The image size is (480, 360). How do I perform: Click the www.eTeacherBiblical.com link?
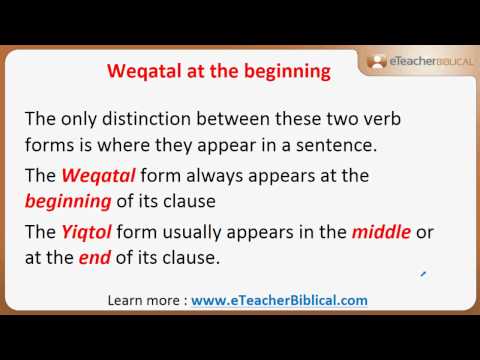pyautogui.click(x=279, y=300)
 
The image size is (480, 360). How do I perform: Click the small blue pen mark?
pyautogui.click(x=424, y=271)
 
